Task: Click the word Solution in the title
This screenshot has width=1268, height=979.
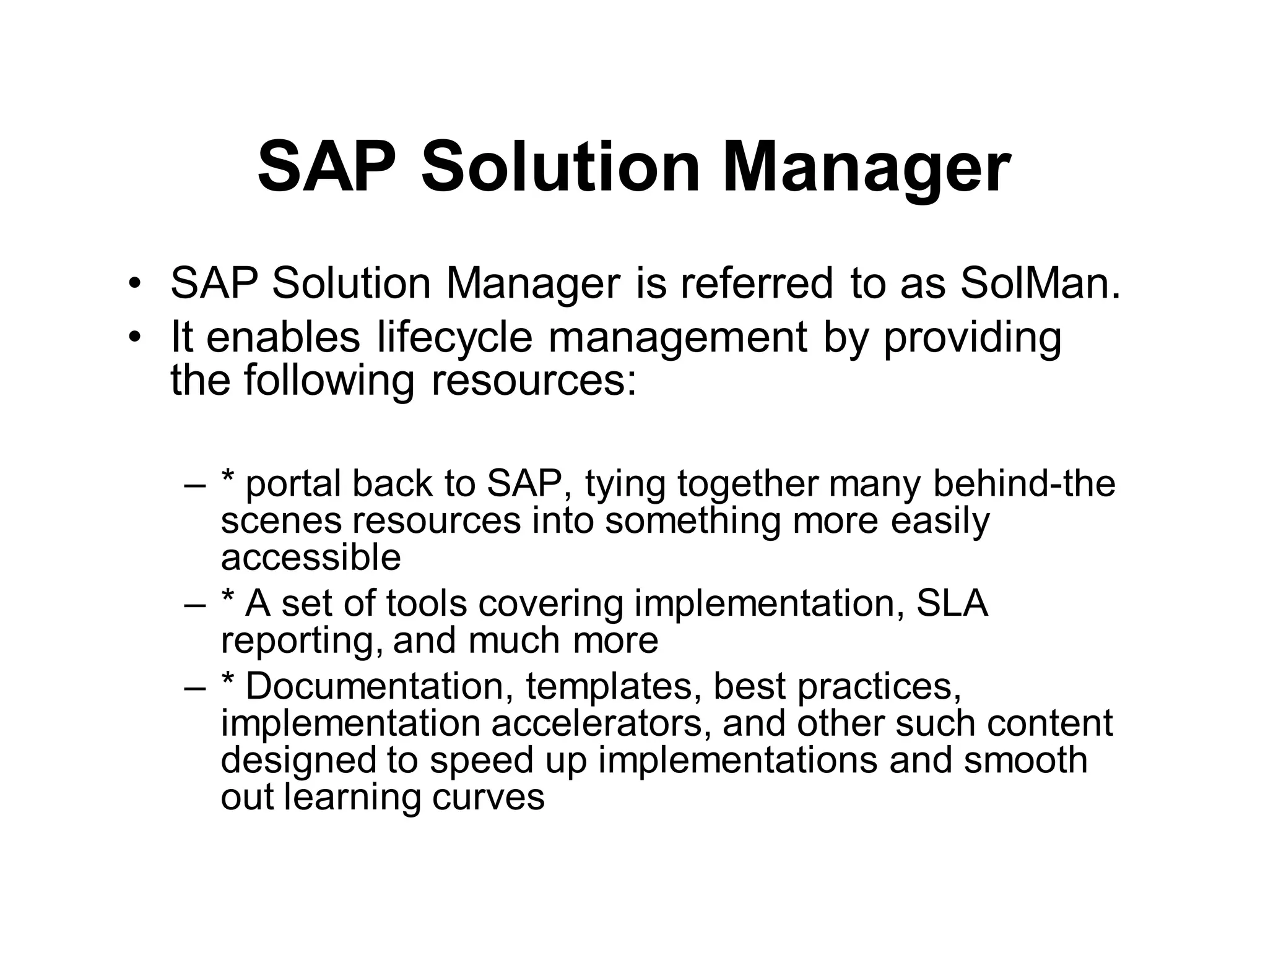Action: tap(560, 167)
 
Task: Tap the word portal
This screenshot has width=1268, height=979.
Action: tap(292, 485)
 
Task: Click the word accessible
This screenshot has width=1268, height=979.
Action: tap(311, 557)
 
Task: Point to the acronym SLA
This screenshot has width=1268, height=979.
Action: tap(952, 603)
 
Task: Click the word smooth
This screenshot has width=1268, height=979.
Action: tap(1025, 760)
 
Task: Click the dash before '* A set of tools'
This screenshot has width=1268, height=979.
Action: tap(194, 605)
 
